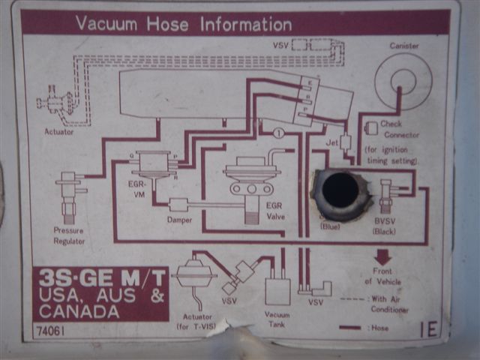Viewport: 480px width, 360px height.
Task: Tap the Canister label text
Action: click(x=404, y=46)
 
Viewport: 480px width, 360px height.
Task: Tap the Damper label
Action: click(x=179, y=220)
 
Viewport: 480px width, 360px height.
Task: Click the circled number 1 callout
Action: click(x=278, y=133)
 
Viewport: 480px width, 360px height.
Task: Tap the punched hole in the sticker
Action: click(x=340, y=191)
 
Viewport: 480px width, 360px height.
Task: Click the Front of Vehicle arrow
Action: click(x=382, y=258)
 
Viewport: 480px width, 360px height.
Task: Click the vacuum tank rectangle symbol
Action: click(x=277, y=290)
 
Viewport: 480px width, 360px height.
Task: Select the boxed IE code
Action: click(x=429, y=329)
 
